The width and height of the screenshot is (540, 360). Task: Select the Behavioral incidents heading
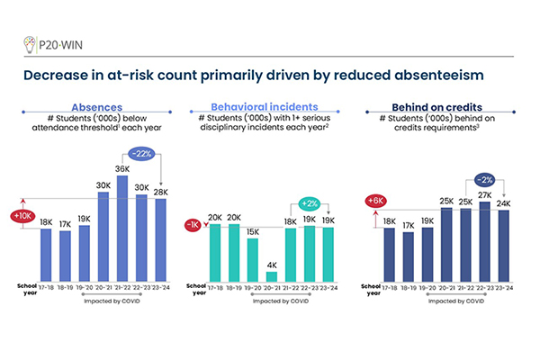(x=267, y=105)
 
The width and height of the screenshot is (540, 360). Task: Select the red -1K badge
(x=191, y=224)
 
